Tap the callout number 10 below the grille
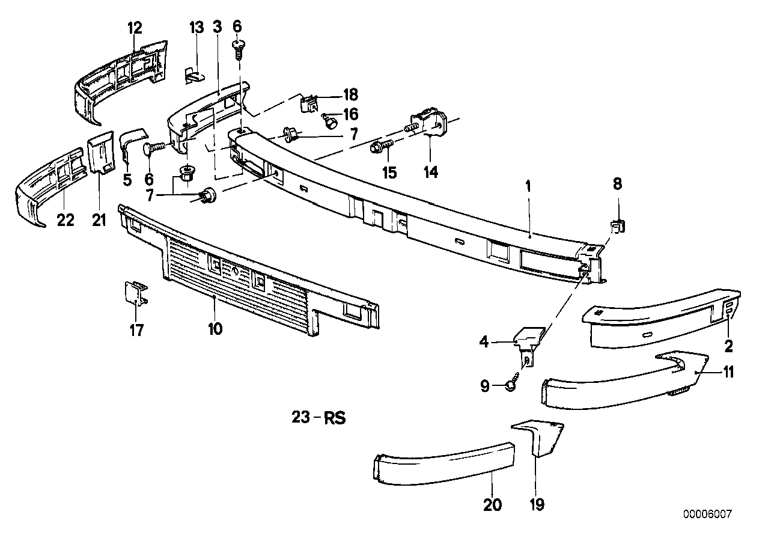coord(215,329)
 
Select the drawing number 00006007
coord(707,515)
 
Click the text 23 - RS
coord(318,418)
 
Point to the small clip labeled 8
coord(618,227)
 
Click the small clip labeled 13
coord(193,73)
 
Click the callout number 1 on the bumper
coord(528,186)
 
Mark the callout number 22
coord(66,220)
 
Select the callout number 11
coord(728,373)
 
